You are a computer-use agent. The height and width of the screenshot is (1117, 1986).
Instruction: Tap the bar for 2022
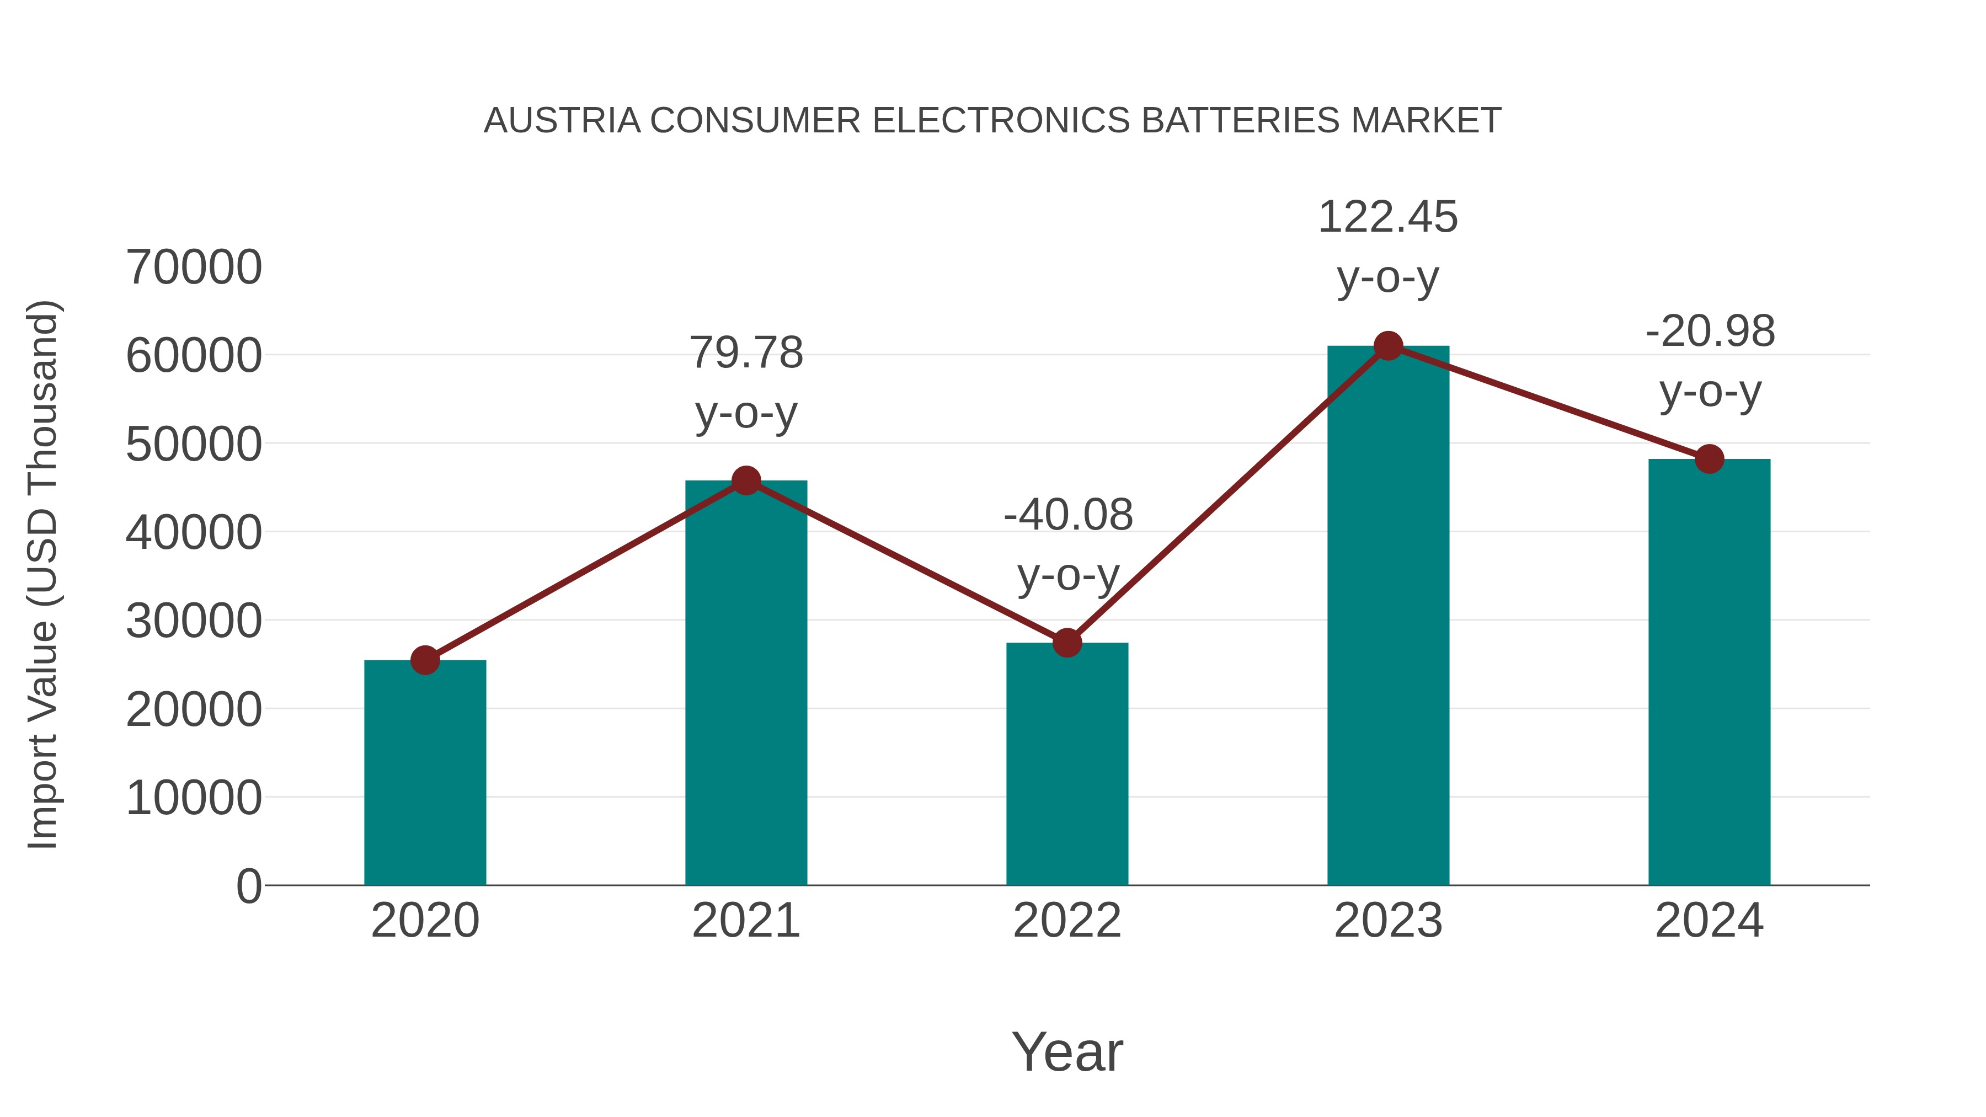(1067, 763)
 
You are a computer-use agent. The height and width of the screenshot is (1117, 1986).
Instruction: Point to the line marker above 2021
(745, 481)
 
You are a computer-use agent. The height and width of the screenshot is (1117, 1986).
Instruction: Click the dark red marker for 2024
(1709, 459)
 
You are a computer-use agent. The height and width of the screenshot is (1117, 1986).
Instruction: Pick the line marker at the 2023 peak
(1388, 346)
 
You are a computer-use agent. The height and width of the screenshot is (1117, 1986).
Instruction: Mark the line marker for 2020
(425, 660)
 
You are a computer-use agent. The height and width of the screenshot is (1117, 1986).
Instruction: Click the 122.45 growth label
(1388, 217)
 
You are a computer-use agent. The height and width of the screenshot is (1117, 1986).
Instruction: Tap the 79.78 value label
(745, 352)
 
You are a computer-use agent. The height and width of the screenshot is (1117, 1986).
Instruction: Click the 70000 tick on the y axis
(194, 268)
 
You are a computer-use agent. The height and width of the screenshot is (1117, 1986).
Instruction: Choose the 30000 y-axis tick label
(194, 621)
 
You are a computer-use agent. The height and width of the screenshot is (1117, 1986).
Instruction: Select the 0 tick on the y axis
(248, 886)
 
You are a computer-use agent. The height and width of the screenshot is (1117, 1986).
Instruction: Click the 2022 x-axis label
(1067, 921)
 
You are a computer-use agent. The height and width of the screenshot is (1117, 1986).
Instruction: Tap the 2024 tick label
(1709, 921)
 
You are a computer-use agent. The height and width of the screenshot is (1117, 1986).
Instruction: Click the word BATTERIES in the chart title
(1241, 121)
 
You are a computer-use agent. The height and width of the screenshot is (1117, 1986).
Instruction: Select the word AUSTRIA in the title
(562, 121)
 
